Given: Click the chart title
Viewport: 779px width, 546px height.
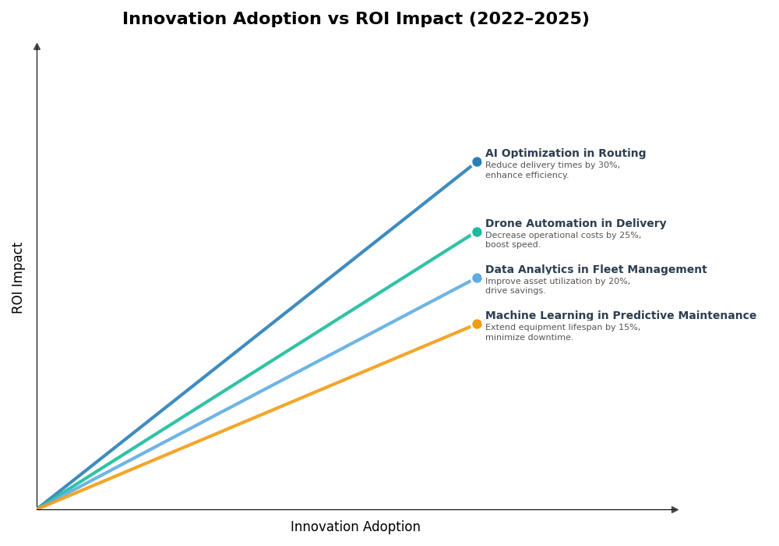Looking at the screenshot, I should click(x=355, y=19).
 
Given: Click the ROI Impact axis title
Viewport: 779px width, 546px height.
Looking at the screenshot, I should click(x=18, y=278).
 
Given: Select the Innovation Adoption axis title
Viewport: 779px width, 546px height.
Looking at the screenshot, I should click(x=355, y=527).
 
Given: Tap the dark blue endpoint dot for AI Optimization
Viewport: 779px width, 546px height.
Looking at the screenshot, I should click(x=477, y=162).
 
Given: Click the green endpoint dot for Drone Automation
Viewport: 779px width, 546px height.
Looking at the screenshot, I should click(x=477, y=232).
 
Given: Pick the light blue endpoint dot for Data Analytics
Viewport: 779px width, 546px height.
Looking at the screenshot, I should click(x=477, y=278).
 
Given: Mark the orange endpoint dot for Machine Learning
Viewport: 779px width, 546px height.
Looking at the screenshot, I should click(x=477, y=324).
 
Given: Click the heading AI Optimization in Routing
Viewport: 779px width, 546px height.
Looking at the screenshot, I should click(x=566, y=154).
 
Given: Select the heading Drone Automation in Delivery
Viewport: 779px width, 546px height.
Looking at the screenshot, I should click(x=576, y=224).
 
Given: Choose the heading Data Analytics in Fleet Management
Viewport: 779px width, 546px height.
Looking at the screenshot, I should click(x=596, y=270).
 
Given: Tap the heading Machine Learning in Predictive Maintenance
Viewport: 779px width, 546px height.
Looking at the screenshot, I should click(x=621, y=316).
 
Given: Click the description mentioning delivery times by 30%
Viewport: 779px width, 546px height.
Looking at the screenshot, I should click(x=552, y=170).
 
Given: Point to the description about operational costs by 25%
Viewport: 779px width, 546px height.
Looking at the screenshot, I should click(x=562, y=240).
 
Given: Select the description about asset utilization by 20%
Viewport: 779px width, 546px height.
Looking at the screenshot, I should click(x=557, y=286).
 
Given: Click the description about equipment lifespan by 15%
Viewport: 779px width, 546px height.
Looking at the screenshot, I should click(x=562, y=332).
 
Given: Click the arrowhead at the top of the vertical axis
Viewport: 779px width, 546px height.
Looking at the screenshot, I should click(x=37, y=47).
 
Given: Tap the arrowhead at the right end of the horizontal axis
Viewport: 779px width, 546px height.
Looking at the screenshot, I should click(x=675, y=509).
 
